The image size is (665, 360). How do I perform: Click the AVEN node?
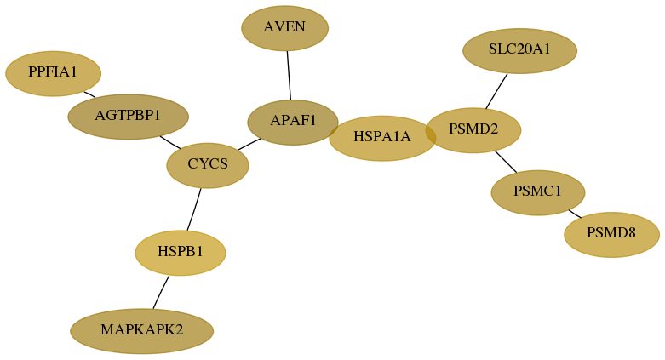click(285, 28)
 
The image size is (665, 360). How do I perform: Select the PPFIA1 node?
click(53, 73)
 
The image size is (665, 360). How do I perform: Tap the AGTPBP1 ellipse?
click(128, 117)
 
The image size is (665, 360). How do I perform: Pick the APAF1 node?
click(293, 122)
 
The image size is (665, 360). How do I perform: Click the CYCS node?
click(208, 165)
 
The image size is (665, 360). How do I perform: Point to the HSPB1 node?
click(181, 253)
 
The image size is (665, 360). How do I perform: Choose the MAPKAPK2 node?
click(141, 331)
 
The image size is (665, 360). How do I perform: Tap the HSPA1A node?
click(382, 138)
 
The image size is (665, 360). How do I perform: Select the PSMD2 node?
click(473, 130)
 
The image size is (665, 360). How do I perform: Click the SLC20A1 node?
click(519, 51)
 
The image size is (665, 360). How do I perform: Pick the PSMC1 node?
click(538, 192)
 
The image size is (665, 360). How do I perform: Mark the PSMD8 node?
click(611, 235)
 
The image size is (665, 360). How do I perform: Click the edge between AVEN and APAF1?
click(289, 76)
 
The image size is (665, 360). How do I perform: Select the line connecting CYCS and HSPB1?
click(194, 209)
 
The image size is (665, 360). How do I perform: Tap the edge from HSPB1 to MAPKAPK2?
click(161, 292)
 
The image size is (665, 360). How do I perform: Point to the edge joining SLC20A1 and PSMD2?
click(496, 91)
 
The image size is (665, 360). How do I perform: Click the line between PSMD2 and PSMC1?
click(506, 162)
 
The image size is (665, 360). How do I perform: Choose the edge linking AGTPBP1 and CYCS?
click(170, 142)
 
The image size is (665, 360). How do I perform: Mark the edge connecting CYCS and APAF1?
click(249, 144)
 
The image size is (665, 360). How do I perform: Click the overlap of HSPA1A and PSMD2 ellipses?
click(431, 134)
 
